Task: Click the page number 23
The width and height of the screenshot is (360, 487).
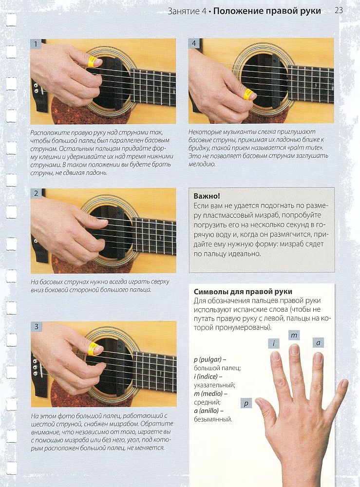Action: [x=339, y=10]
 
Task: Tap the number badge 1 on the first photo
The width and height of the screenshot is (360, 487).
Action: [x=36, y=44]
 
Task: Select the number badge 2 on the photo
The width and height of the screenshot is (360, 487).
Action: [x=36, y=193]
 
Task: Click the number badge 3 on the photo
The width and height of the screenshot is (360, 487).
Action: [x=37, y=326]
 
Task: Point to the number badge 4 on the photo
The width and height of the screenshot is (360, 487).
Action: [x=194, y=43]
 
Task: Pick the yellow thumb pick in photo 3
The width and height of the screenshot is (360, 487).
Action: [x=93, y=349]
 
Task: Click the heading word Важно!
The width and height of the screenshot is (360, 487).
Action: [x=207, y=196]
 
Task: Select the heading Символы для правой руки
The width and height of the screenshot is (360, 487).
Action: [x=243, y=292]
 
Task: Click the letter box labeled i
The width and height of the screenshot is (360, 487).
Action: [x=274, y=343]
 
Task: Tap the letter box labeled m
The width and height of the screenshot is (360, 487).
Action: [x=294, y=335]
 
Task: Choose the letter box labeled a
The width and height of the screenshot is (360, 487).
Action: [x=318, y=343]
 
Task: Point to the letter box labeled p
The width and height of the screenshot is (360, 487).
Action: [x=246, y=403]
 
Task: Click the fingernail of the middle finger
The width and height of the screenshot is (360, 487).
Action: [x=294, y=349]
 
